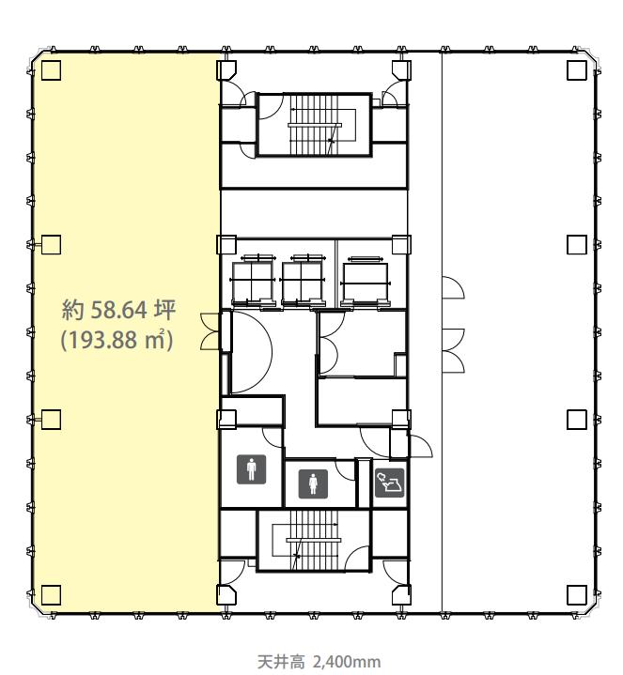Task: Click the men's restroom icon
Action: point(251,469)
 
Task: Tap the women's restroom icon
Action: point(313,483)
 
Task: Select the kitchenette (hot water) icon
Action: point(389,483)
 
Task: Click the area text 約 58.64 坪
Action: point(118,310)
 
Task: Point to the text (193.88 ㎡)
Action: point(117,340)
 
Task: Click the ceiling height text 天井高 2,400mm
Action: point(319,662)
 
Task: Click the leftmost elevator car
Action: point(253,281)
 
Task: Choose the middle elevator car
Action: point(303,281)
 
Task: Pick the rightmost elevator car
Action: point(365,282)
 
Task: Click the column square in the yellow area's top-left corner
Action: point(52,70)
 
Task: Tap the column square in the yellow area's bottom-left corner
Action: point(52,595)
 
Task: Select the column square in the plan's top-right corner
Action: point(576,70)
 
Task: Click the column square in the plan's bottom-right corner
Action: point(576,595)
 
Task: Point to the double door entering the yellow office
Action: point(210,331)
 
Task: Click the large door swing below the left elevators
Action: point(251,352)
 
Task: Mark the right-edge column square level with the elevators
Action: point(576,245)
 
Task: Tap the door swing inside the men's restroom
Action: point(272,437)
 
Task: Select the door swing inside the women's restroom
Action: point(345,469)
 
